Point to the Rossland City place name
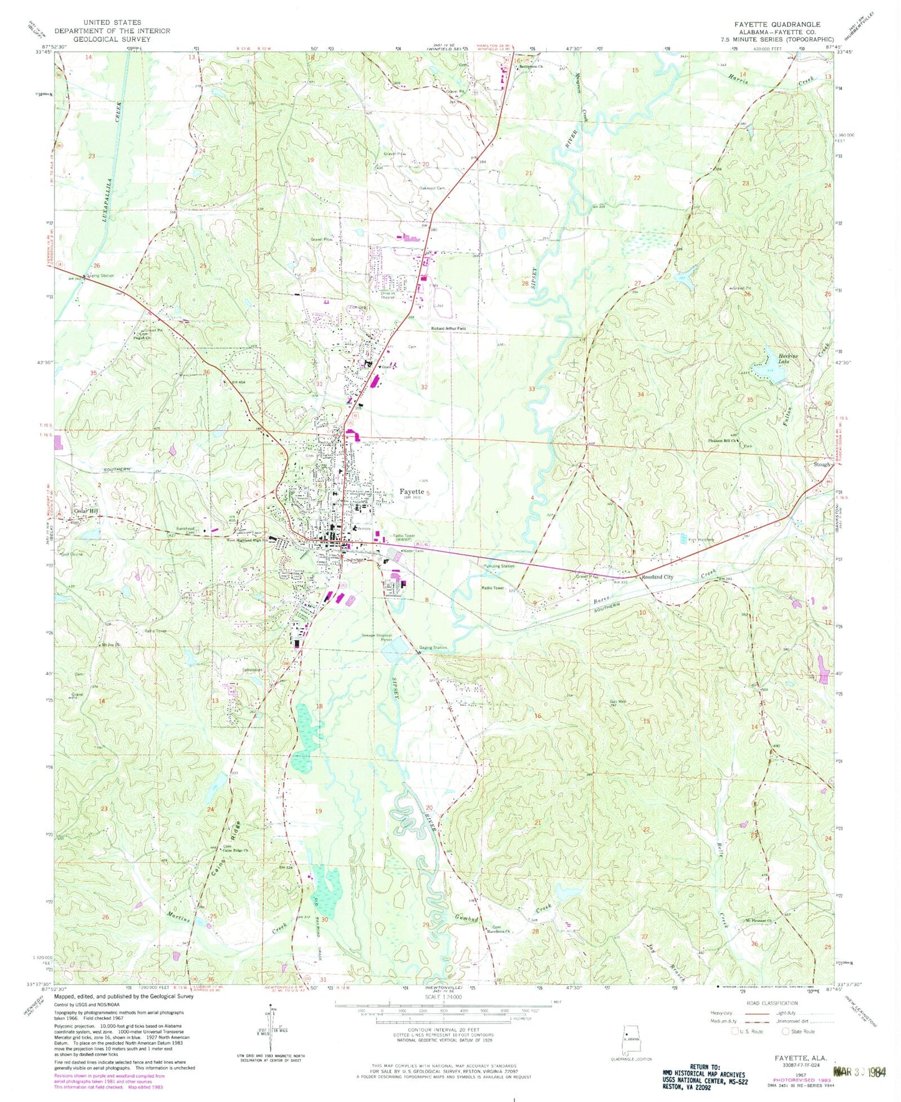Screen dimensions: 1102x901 point(658,577)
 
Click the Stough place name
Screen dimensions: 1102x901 point(821,464)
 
